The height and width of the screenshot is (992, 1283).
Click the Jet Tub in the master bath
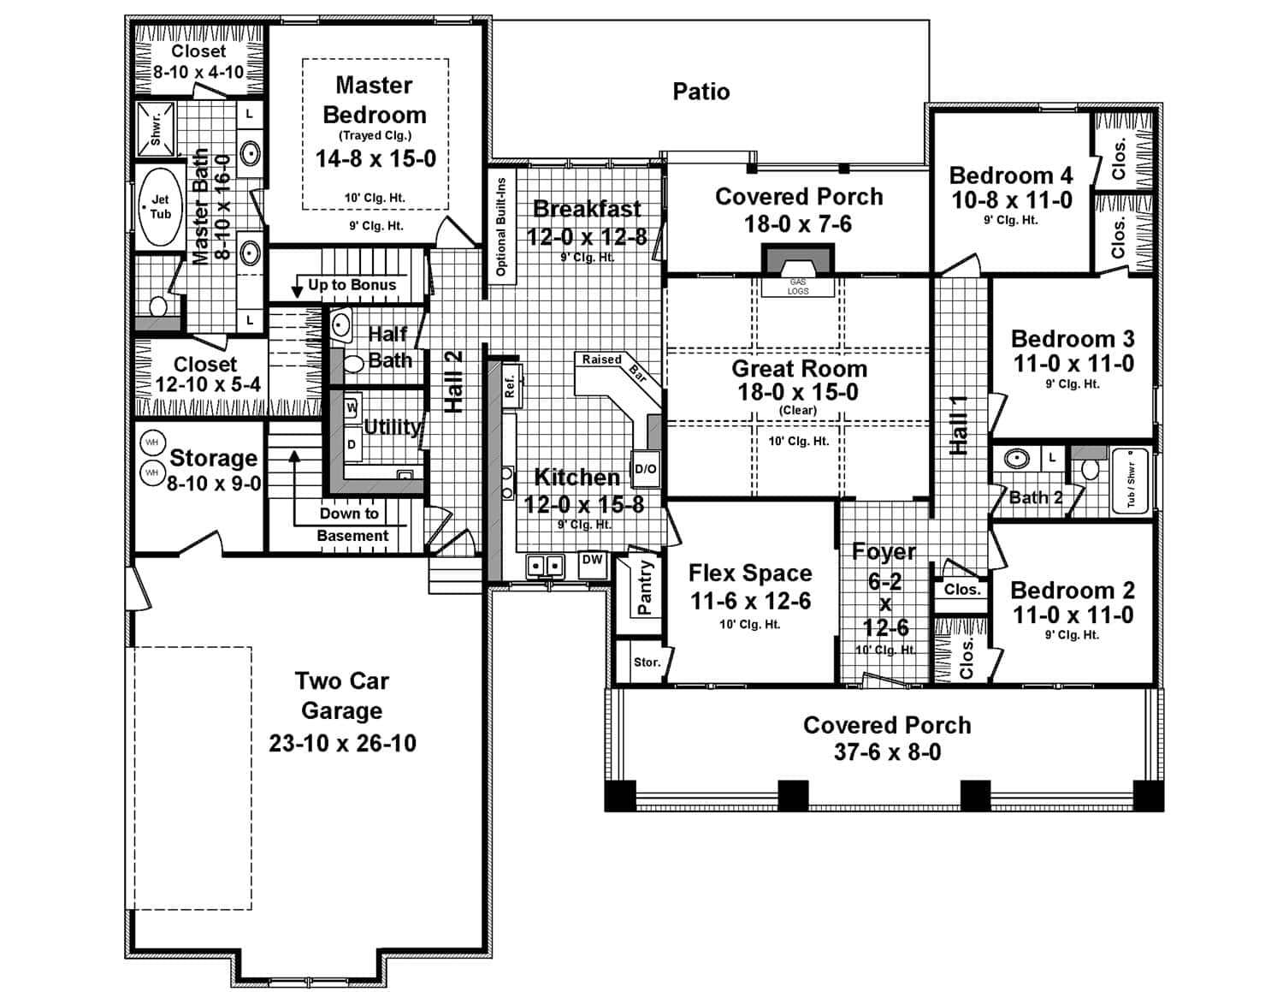(x=160, y=207)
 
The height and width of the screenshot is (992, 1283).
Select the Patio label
(x=701, y=92)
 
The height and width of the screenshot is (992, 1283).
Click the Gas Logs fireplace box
(x=797, y=286)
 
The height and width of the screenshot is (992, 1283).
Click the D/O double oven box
(x=645, y=468)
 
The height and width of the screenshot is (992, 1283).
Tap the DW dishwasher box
(x=592, y=561)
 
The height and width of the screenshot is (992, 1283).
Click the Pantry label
(x=645, y=588)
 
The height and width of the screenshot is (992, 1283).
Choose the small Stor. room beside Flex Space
(x=647, y=662)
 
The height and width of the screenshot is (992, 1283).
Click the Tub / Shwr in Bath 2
(x=1130, y=483)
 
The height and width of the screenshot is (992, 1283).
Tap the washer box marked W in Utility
(x=352, y=408)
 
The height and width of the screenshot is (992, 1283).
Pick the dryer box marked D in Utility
(x=352, y=444)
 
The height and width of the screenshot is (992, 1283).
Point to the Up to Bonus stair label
(x=352, y=285)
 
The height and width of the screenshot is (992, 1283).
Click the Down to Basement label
(x=351, y=524)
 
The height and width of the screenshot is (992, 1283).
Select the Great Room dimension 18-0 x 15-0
(x=798, y=392)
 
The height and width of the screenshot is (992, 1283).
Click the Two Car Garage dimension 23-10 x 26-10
(x=342, y=743)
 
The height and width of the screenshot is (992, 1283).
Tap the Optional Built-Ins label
(x=501, y=226)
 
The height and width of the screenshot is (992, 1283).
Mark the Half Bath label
(x=388, y=347)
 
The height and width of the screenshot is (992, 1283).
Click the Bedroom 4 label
(x=1010, y=175)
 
